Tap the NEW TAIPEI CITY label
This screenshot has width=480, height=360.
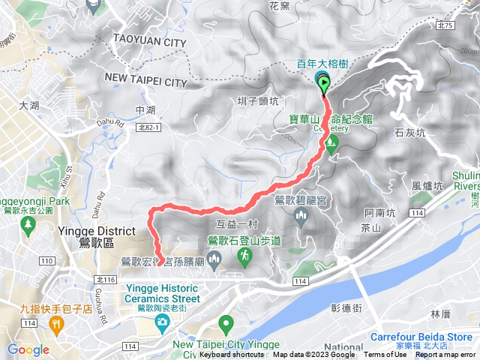[x=145, y=79]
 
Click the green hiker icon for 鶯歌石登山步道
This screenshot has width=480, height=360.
[x=244, y=257]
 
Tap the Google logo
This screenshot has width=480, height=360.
[x=28, y=349]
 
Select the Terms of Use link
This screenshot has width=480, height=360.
[x=385, y=355]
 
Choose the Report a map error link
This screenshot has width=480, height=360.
[x=445, y=355]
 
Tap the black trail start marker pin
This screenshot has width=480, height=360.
[x=324, y=83]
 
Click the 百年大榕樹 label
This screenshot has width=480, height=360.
[x=321, y=64]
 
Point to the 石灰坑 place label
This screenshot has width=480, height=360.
[x=409, y=133]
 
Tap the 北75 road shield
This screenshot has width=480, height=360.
[x=445, y=25]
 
